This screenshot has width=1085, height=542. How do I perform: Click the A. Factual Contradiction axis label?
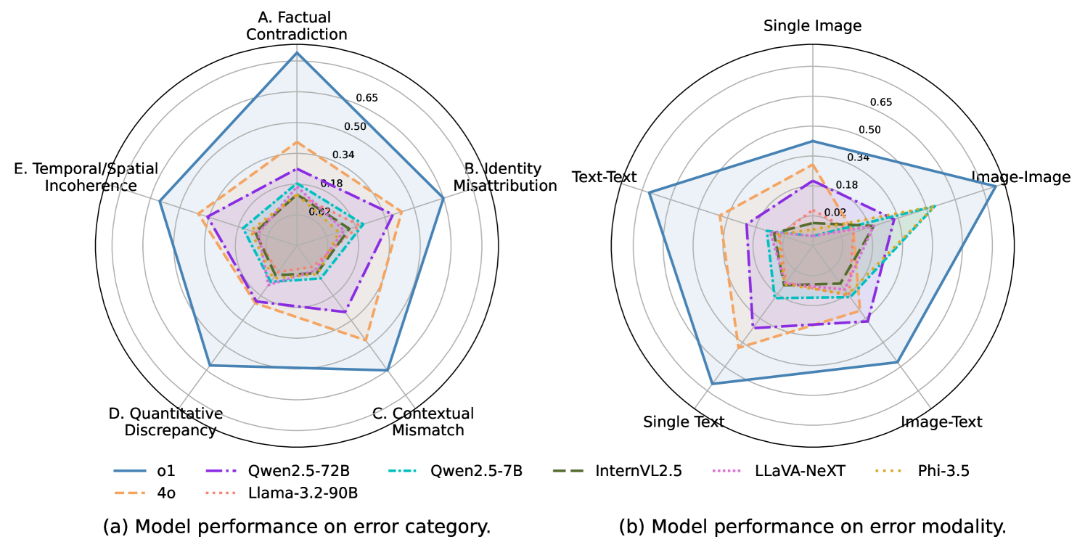(296, 27)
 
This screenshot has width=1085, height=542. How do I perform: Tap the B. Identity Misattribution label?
(505, 177)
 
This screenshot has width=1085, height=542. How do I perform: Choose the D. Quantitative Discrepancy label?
(165, 422)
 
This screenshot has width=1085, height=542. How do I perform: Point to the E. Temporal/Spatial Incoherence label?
(87, 177)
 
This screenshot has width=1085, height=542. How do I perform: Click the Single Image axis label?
(812, 26)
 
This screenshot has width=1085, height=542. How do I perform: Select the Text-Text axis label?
(604, 177)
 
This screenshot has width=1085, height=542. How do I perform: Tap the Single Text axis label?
(684, 422)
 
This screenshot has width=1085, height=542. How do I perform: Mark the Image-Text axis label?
(941, 422)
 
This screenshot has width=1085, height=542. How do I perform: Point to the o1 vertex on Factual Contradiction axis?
(296, 52)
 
